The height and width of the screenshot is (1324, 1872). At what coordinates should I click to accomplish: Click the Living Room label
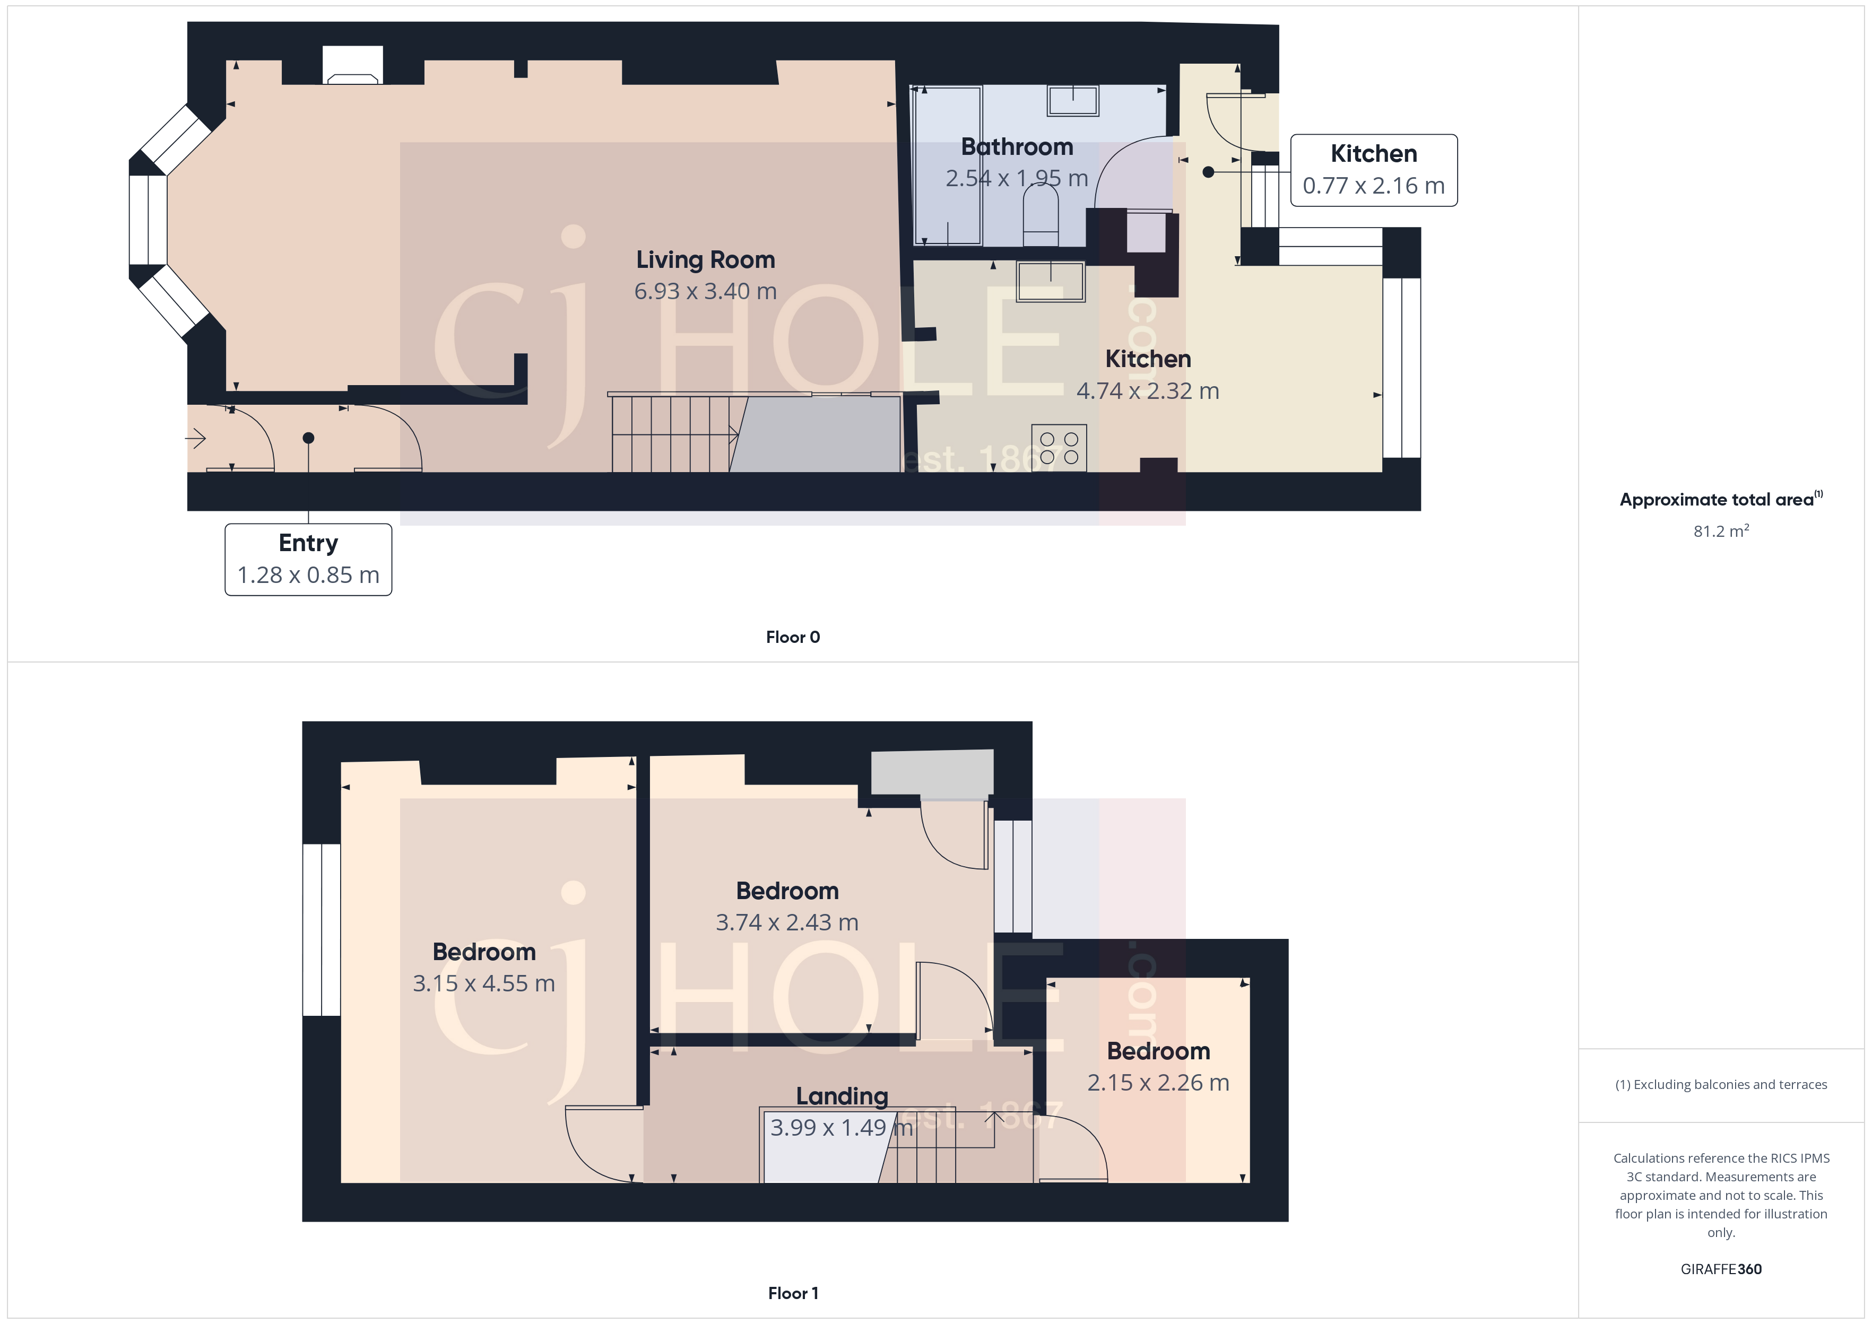[705, 260]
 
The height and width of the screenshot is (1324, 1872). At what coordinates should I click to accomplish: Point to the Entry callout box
[308, 559]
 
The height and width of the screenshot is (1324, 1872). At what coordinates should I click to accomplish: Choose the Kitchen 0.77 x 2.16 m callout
[1374, 170]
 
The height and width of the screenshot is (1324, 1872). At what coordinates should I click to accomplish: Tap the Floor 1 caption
[793, 1293]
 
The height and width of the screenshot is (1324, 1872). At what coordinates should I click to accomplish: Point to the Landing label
[842, 1096]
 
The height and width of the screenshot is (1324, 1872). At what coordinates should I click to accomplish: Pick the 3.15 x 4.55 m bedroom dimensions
[483, 983]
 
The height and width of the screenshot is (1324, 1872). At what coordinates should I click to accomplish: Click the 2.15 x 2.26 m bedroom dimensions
[1158, 1083]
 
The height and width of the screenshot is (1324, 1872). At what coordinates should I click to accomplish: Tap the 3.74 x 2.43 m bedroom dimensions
[787, 922]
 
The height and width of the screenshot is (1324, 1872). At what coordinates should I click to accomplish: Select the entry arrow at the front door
[196, 439]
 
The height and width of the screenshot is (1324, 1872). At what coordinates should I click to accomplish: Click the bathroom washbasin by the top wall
[1073, 101]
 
